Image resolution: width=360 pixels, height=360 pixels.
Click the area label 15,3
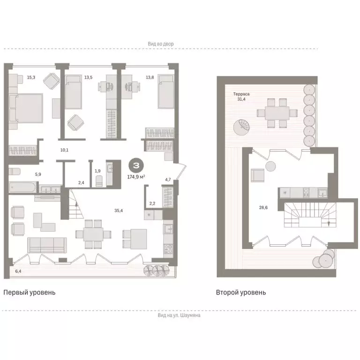[x=31, y=78]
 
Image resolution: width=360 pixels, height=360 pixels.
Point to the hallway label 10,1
[x=65, y=150]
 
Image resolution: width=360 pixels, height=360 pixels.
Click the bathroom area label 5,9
[x=38, y=174]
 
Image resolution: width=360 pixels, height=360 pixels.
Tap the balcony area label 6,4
[x=18, y=271]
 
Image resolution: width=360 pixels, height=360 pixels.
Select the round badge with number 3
[x=136, y=165]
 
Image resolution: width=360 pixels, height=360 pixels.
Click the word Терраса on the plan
[x=242, y=94]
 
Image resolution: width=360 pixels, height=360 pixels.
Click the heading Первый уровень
[x=30, y=292]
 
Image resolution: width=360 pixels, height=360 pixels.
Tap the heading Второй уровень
[x=241, y=292]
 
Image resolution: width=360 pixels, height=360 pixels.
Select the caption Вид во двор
[x=161, y=44]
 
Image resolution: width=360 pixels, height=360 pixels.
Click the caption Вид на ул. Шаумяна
[x=180, y=315]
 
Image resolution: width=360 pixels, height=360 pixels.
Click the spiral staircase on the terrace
[x=243, y=126]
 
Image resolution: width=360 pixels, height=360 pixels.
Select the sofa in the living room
[x=47, y=244]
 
